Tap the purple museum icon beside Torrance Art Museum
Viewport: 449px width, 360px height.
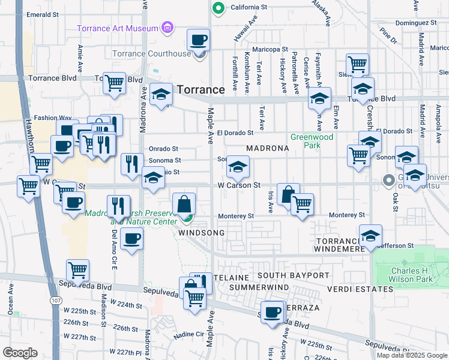click(167, 28)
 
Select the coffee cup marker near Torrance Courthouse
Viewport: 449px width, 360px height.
click(199, 41)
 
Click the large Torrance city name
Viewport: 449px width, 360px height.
click(200, 89)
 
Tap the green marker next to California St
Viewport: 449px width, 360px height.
click(219, 8)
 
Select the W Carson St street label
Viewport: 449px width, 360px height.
click(239, 185)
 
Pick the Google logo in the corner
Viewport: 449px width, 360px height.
click(20, 352)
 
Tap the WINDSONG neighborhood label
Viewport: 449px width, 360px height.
click(201, 232)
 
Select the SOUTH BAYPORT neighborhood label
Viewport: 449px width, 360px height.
click(294, 275)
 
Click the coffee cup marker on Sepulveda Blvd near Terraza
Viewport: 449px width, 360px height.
click(273, 312)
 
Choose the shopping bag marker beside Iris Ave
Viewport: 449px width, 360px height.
click(288, 194)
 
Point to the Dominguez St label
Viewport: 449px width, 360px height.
click(419, 22)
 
